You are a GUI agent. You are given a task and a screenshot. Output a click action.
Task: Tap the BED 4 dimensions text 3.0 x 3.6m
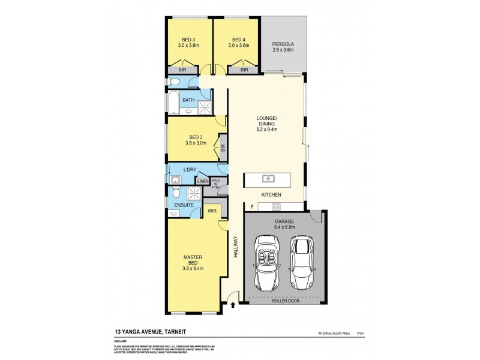tap(237, 46)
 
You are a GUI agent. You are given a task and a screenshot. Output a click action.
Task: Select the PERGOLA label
tap(282, 43)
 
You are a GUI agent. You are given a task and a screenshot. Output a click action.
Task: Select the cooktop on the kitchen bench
tap(277, 207)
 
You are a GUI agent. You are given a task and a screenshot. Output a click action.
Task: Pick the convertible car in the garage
tap(268, 261)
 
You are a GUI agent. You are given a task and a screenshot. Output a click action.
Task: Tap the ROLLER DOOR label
tap(285, 301)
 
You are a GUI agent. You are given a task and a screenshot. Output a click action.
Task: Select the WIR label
tap(212, 211)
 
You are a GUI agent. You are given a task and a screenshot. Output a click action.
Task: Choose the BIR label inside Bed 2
tap(223, 148)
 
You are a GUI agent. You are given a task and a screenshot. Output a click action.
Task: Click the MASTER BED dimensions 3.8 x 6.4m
tap(194, 268)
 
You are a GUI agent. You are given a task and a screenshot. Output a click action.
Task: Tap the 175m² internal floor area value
tap(361, 332)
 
